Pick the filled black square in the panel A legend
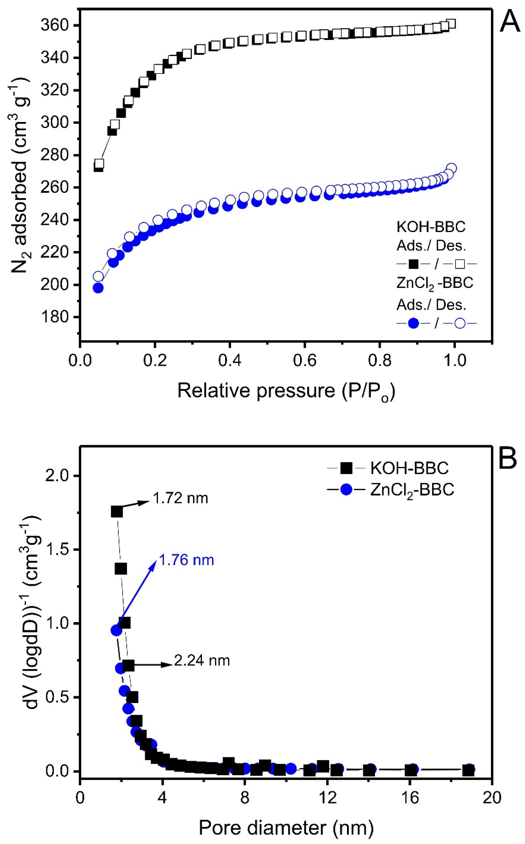tap(413, 264)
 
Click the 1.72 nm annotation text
tap(180, 498)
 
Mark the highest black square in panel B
tap(117, 512)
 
